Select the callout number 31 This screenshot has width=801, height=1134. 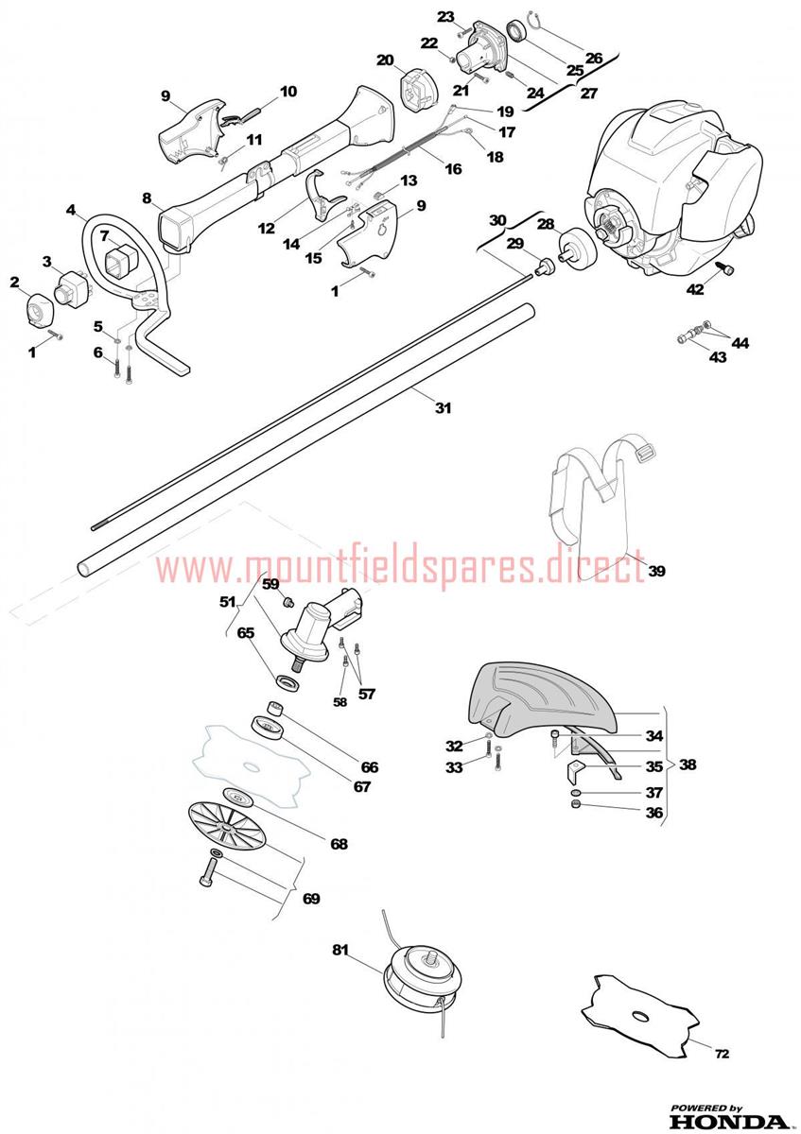coord(443,407)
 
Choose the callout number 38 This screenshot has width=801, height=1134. coord(687,764)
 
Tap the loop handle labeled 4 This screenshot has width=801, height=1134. coord(132,283)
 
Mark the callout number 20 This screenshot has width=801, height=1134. coord(385,60)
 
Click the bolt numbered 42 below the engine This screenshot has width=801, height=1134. coord(723,268)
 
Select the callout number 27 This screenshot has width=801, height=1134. coord(588,94)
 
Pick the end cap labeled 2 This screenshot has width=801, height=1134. coord(39,308)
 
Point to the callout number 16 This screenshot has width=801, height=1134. coord(452,168)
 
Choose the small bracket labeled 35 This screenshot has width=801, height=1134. coord(574,770)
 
